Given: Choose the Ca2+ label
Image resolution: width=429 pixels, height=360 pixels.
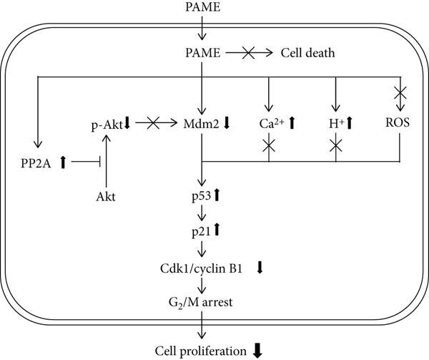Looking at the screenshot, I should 272,123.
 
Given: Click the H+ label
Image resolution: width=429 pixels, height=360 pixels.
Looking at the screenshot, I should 335,123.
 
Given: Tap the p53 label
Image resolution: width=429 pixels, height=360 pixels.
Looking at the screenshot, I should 198,194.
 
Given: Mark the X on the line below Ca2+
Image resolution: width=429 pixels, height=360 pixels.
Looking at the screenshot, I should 269,145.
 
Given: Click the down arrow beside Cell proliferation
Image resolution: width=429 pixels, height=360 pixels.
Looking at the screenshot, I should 256,350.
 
